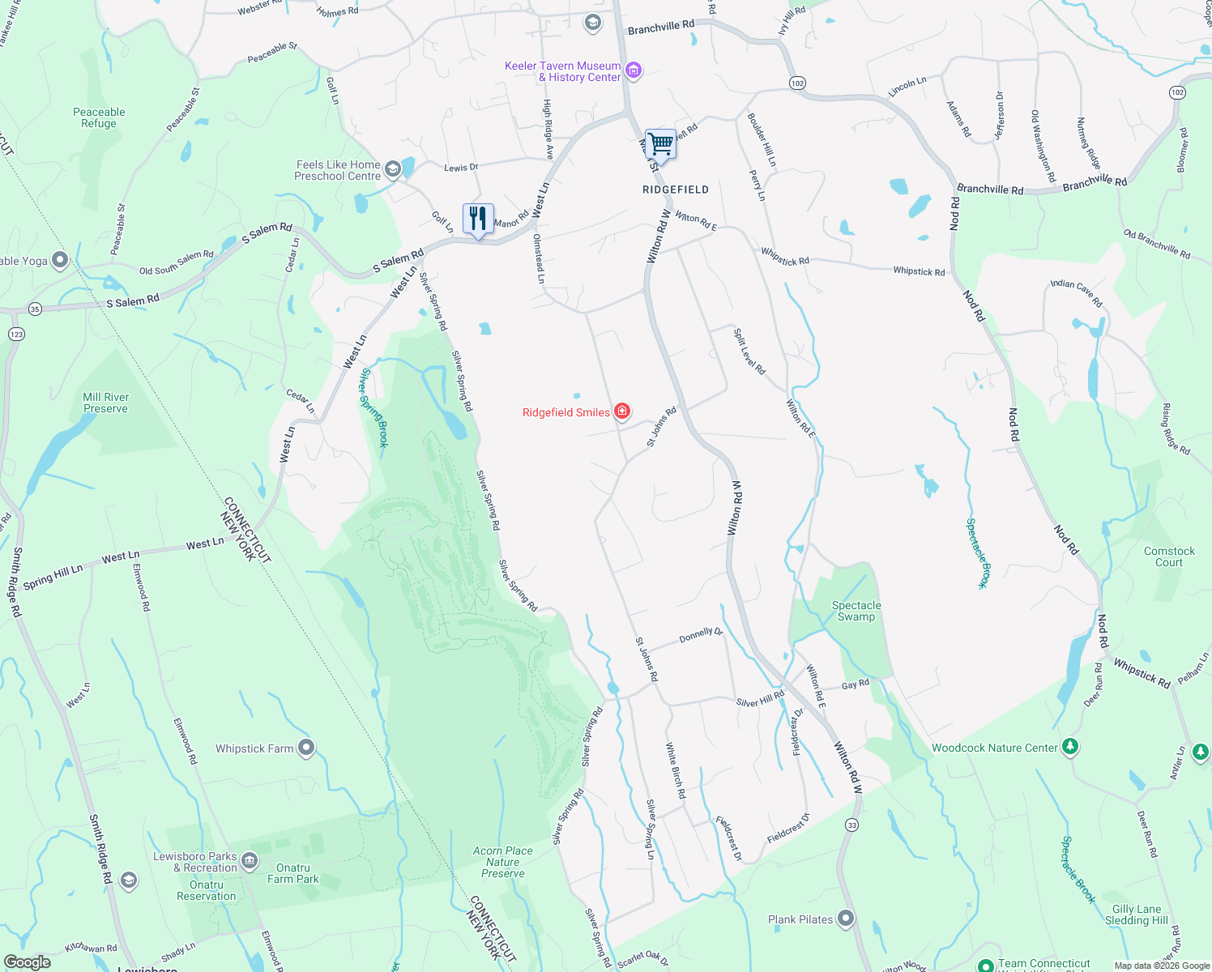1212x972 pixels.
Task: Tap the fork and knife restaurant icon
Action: click(x=478, y=219)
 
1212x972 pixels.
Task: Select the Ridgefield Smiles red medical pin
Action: click(x=622, y=411)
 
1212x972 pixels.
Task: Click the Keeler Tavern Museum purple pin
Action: click(x=634, y=70)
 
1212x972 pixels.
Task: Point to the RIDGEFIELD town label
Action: click(x=676, y=190)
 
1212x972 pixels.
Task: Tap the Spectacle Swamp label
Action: click(x=856, y=611)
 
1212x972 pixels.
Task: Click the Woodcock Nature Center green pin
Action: click(x=1070, y=747)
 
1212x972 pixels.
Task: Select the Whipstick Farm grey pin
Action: click(x=305, y=748)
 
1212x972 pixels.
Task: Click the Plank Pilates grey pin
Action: click(x=846, y=919)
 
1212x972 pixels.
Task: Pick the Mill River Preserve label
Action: click(x=105, y=403)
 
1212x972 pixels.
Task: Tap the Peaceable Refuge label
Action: click(x=99, y=118)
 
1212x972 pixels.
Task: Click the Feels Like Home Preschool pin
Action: click(x=393, y=169)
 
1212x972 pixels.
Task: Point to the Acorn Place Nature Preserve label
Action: click(x=503, y=862)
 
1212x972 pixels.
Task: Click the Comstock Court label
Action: click(x=1169, y=556)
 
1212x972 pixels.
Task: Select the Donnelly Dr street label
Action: click(x=701, y=635)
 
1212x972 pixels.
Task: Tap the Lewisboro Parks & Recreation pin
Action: click(x=250, y=860)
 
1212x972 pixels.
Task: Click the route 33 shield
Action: click(x=851, y=825)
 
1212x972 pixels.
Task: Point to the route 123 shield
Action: click(x=16, y=334)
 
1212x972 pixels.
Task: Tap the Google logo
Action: click(x=28, y=962)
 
